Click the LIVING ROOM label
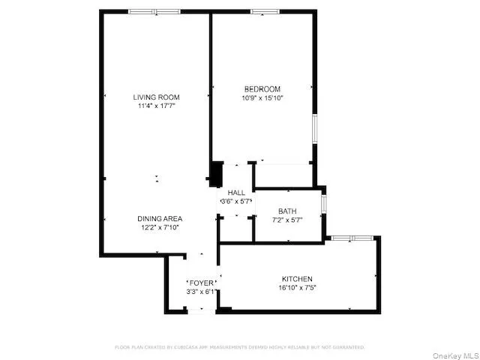(x=156, y=97)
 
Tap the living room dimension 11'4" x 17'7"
(x=156, y=106)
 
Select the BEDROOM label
(x=262, y=88)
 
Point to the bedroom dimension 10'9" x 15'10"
(x=262, y=97)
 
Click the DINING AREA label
(x=159, y=218)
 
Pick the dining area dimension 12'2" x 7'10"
(x=159, y=227)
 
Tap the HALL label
(x=236, y=193)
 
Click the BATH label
(x=287, y=211)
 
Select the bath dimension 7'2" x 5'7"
(x=287, y=220)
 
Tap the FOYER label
(x=202, y=283)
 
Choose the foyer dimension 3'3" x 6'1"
(x=202, y=292)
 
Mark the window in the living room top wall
(x=153, y=11)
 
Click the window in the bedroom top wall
(x=265, y=11)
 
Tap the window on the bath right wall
(x=324, y=202)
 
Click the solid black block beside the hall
(x=216, y=175)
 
